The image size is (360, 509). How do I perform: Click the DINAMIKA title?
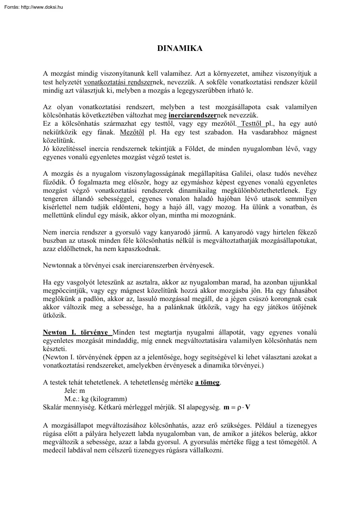point(180,49)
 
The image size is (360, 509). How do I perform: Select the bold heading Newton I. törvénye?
point(77,332)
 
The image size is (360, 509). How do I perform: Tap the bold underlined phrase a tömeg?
point(207,382)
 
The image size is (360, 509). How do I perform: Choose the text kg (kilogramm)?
point(104,399)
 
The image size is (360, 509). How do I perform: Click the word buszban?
point(54,240)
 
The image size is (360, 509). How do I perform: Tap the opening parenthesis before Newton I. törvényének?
point(44,357)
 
